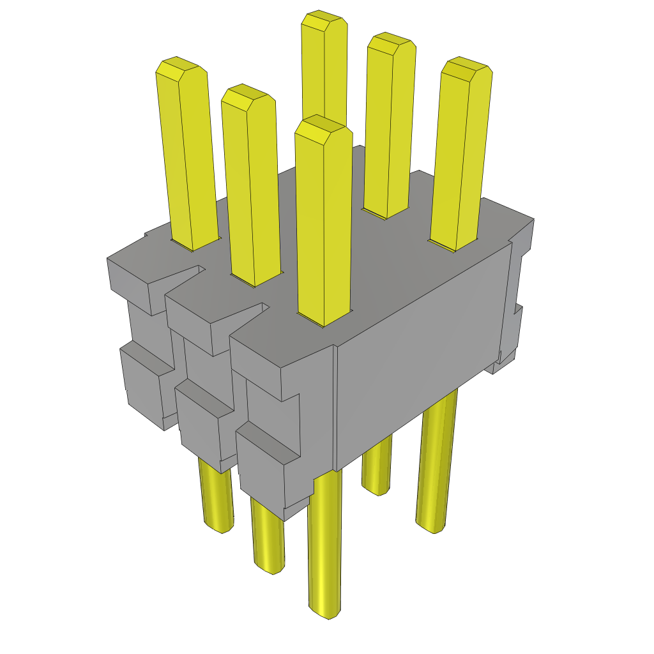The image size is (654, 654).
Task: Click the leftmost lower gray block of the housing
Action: coord(144,390)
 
